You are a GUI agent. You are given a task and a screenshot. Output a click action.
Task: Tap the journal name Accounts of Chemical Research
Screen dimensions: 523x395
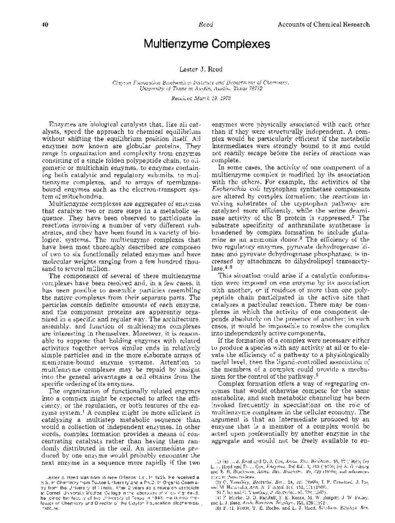(x=324, y=24)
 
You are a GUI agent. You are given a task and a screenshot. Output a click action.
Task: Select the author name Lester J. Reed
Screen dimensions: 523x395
(x=201, y=69)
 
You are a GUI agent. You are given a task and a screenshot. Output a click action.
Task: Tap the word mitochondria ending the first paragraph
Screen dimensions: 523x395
(x=83, y=197)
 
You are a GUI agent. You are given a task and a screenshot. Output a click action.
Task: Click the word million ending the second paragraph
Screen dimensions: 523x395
(x=98, y=269)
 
